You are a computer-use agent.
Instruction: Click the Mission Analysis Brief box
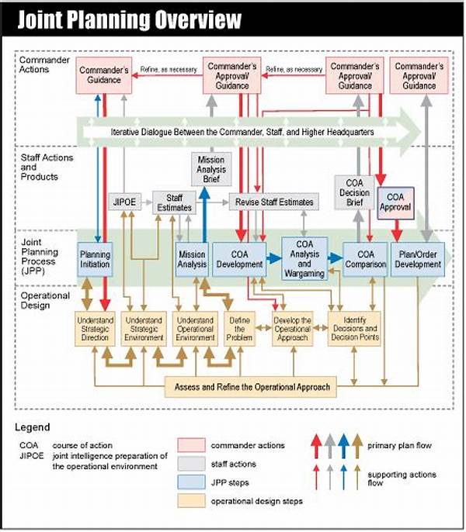point(210,169)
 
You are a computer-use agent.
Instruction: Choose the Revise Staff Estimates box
point(273,202)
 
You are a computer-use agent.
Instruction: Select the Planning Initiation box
point(96,259)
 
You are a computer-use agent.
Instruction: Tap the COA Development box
point(238,259)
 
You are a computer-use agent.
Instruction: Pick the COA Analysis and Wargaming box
point(304,258)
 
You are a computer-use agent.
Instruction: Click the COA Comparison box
point(365,259)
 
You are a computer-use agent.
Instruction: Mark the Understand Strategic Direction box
point(96,327)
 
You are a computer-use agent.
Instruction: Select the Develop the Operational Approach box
point(293,327)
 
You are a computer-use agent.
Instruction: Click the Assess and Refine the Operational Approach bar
point(252,386)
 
